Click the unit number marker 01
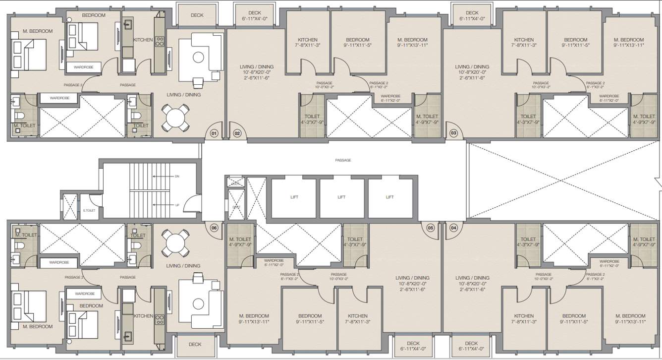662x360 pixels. [214, 133]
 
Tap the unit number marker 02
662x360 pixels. [237, 133]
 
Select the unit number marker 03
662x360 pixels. [453, 133]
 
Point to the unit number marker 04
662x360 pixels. [453, 228]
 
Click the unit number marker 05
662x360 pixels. [430, 228]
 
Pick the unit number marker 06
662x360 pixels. [214, 228]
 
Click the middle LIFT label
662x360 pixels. [341, 197]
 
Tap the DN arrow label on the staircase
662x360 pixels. [177, 176]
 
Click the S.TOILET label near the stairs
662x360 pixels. [89, 211]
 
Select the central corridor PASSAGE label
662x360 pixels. [343, 160]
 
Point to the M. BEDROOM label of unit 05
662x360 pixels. [254, 318]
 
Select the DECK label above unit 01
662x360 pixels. [197, 15]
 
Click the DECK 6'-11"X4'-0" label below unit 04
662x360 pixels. [471, 346]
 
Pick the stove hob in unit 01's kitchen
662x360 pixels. [160, 42]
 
